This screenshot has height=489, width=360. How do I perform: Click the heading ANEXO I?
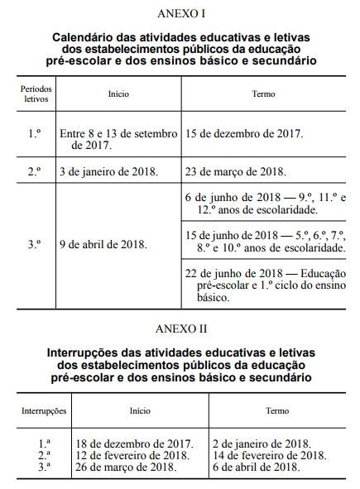[181, 14]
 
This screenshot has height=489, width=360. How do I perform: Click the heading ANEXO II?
[181, 329]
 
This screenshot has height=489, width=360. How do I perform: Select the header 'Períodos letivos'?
[36, 93]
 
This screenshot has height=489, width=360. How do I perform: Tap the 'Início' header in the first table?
[118, 93]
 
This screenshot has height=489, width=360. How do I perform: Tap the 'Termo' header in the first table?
[263, 93]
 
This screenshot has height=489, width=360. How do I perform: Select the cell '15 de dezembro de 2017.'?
[245, 133]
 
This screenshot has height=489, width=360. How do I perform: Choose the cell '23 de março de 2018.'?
[237, 172]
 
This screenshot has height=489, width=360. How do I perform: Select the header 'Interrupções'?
[44, 410]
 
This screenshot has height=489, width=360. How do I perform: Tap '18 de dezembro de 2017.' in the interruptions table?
[134, 443]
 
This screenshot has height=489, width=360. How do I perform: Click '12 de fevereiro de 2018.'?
[132, 454]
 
